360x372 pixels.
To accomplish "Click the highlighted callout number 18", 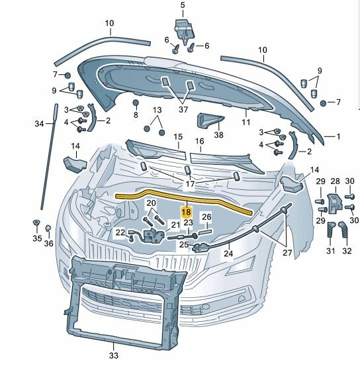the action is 186,212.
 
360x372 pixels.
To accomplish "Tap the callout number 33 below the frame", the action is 114,355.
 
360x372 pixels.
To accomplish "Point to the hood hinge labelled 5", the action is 185,30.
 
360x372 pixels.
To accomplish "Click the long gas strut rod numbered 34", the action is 50,157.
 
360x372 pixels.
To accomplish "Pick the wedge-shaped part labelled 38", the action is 209,120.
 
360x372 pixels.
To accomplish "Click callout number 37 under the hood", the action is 183,109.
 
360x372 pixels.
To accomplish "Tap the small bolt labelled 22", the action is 132,240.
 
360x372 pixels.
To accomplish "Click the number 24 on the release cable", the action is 228,254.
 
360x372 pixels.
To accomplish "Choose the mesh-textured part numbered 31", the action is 331,230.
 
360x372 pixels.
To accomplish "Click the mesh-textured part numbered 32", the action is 343,230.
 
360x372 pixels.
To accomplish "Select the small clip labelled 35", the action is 36,223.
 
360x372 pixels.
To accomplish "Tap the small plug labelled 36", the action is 48,228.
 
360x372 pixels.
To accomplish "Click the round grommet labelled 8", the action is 136,103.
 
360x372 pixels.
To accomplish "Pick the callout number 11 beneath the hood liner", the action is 246,122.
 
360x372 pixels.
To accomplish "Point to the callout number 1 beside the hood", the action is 338,136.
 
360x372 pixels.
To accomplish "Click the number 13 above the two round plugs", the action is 157,110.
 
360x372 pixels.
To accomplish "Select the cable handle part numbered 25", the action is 201,248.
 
